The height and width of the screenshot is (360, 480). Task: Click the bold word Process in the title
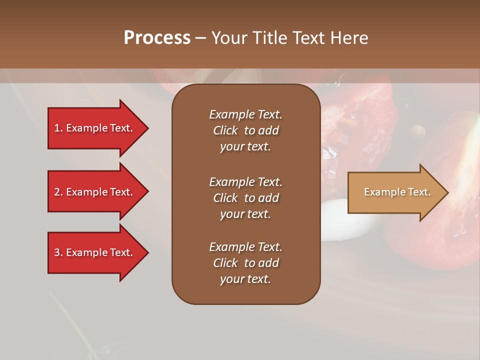157,38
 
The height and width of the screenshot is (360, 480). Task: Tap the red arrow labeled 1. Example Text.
93,128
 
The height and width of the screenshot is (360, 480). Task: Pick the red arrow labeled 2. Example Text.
93,192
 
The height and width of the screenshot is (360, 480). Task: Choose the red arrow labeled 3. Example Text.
93,252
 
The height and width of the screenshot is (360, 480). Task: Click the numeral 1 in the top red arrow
56,128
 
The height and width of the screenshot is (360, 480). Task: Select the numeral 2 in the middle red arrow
56,192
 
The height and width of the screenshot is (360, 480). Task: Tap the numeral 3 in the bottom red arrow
56,252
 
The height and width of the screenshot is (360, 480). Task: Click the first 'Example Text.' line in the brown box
245,114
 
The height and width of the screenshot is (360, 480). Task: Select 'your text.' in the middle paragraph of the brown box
245,214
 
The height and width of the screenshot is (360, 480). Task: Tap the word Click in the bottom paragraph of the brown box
225,263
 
